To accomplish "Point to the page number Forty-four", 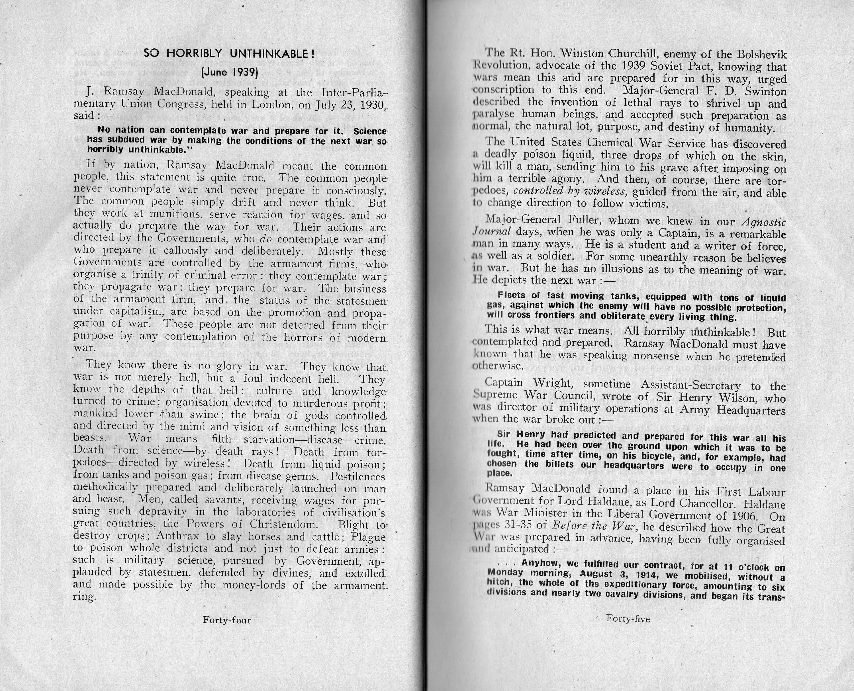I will (x=227, y=620).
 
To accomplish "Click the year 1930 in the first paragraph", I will (x=371, y=105).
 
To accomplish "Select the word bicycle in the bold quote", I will (x=627, y=455).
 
